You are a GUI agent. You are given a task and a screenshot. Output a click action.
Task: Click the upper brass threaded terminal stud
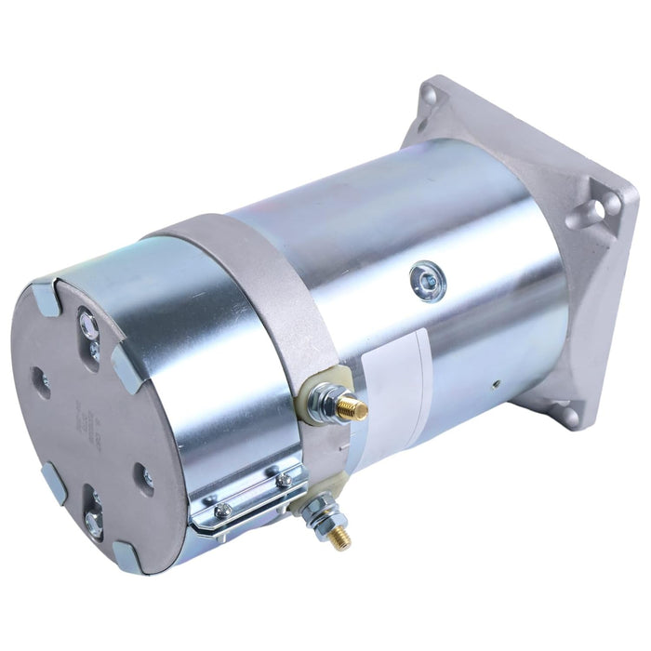pos(352,407)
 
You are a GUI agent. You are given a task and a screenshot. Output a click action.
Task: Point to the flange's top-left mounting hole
pos(429,95)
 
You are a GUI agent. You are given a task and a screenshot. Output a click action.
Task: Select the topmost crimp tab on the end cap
pos(45,299)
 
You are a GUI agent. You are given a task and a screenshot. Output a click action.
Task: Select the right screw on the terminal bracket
pos(284,481)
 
